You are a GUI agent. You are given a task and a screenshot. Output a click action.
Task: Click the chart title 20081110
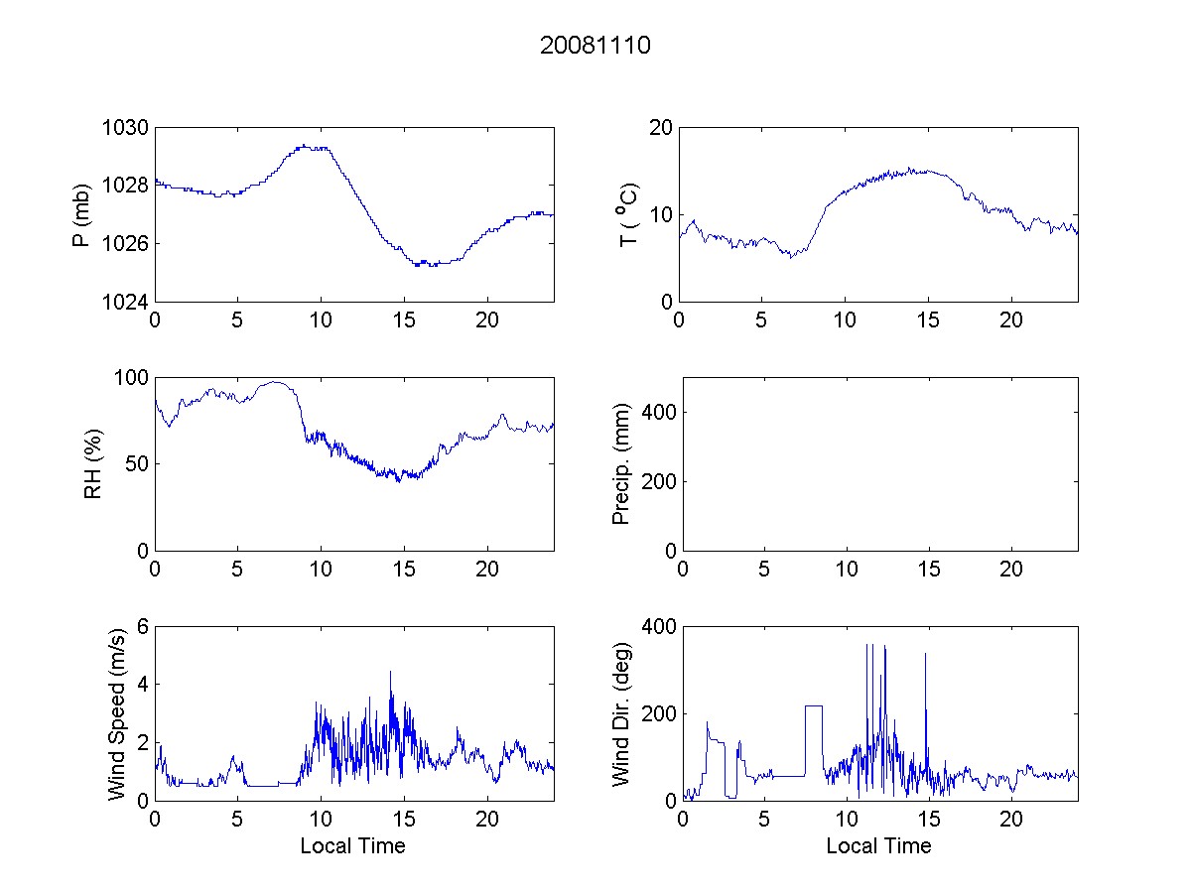[595, 46]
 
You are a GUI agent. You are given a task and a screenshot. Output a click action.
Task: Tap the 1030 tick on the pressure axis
[126, 128]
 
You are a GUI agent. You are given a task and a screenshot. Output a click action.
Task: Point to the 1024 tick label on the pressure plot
[126, 302]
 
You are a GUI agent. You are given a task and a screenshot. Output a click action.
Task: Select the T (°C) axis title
[628, 214]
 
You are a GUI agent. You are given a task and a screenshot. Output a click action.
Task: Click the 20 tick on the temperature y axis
[661, 128]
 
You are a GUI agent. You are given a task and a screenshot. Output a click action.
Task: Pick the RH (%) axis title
[93, 463]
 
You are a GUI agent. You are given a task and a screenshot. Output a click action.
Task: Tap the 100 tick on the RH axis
[131, 378]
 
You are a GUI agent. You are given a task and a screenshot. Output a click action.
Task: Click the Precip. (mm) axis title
[621, 463]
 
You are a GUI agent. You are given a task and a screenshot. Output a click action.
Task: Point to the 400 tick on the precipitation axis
[655, 412]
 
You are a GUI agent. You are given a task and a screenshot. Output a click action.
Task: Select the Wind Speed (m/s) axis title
[117, 712]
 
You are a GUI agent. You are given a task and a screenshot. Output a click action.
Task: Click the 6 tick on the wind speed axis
[142, 626]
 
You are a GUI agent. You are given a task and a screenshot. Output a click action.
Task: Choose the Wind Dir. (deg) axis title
[621, 712]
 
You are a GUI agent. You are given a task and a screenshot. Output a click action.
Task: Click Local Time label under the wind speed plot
[352, 845]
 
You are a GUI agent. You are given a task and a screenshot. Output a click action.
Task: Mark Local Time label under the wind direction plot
[878, 845]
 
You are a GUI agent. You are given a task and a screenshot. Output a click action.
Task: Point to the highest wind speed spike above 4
[390, 672]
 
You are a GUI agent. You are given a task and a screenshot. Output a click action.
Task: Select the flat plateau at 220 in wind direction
[814, 705]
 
